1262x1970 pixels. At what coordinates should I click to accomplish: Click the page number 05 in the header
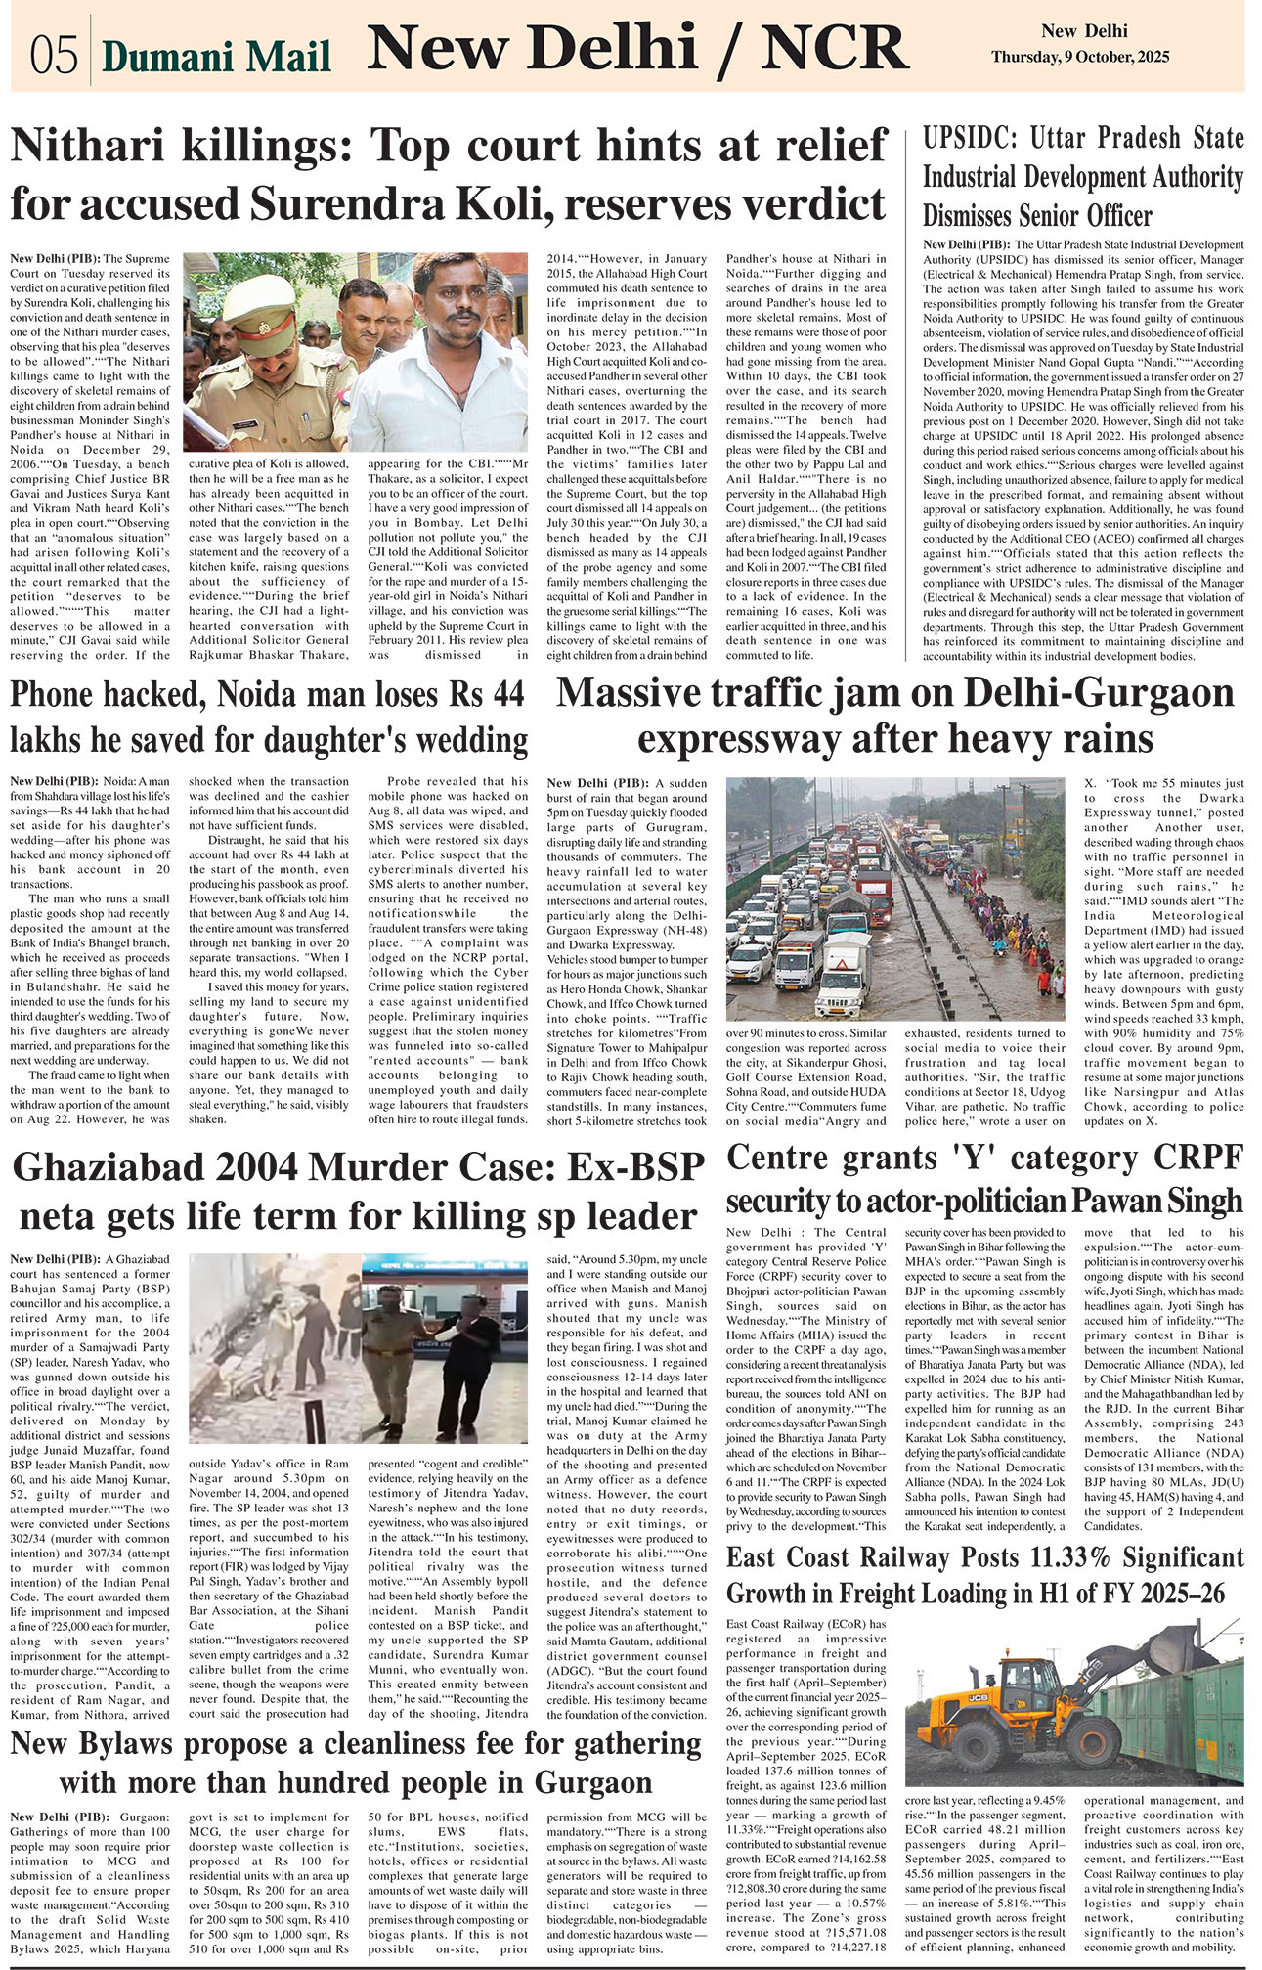[53, 56]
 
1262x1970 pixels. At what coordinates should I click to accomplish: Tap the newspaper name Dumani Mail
[216, 58]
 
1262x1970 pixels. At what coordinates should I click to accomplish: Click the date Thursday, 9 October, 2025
[1079, 58]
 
